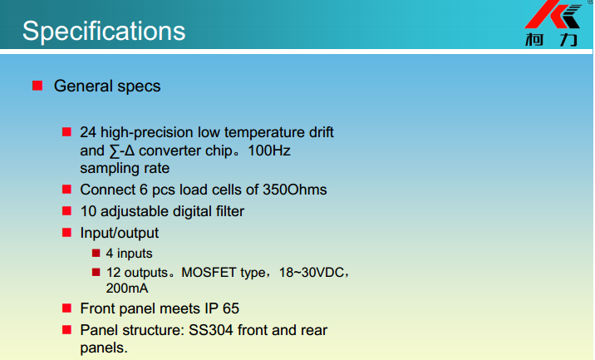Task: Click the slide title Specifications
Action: point(104,31)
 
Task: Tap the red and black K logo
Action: point(553,14)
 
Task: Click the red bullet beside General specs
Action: point(37,86)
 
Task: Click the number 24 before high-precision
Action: point(88,132)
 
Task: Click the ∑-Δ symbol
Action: point(122,150)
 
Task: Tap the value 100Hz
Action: point(269,150)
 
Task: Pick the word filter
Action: point(230,211)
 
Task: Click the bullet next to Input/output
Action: point(66,233)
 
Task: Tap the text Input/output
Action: point(119,233)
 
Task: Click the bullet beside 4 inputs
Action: point(96,253)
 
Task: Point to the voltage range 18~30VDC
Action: point(311,272)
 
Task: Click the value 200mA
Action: point(127,288)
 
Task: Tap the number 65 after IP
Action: point(231,308)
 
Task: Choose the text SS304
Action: point(210,330)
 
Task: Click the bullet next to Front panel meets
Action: point(66,308)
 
